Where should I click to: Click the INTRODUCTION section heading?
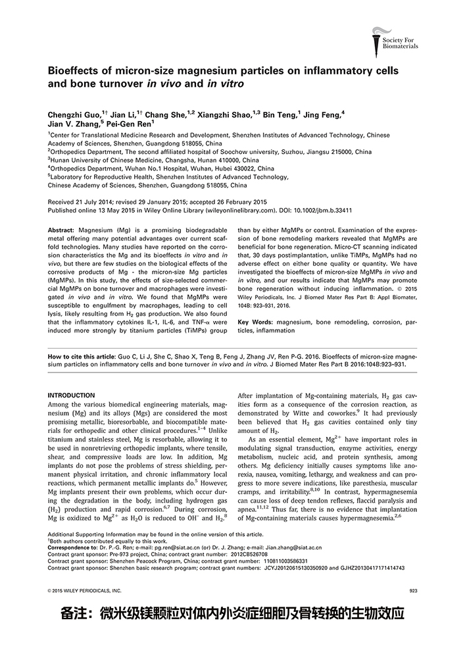tap(72, 395)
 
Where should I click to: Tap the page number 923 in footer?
tap(413, 591)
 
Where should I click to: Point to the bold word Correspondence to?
tap(72, 547)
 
